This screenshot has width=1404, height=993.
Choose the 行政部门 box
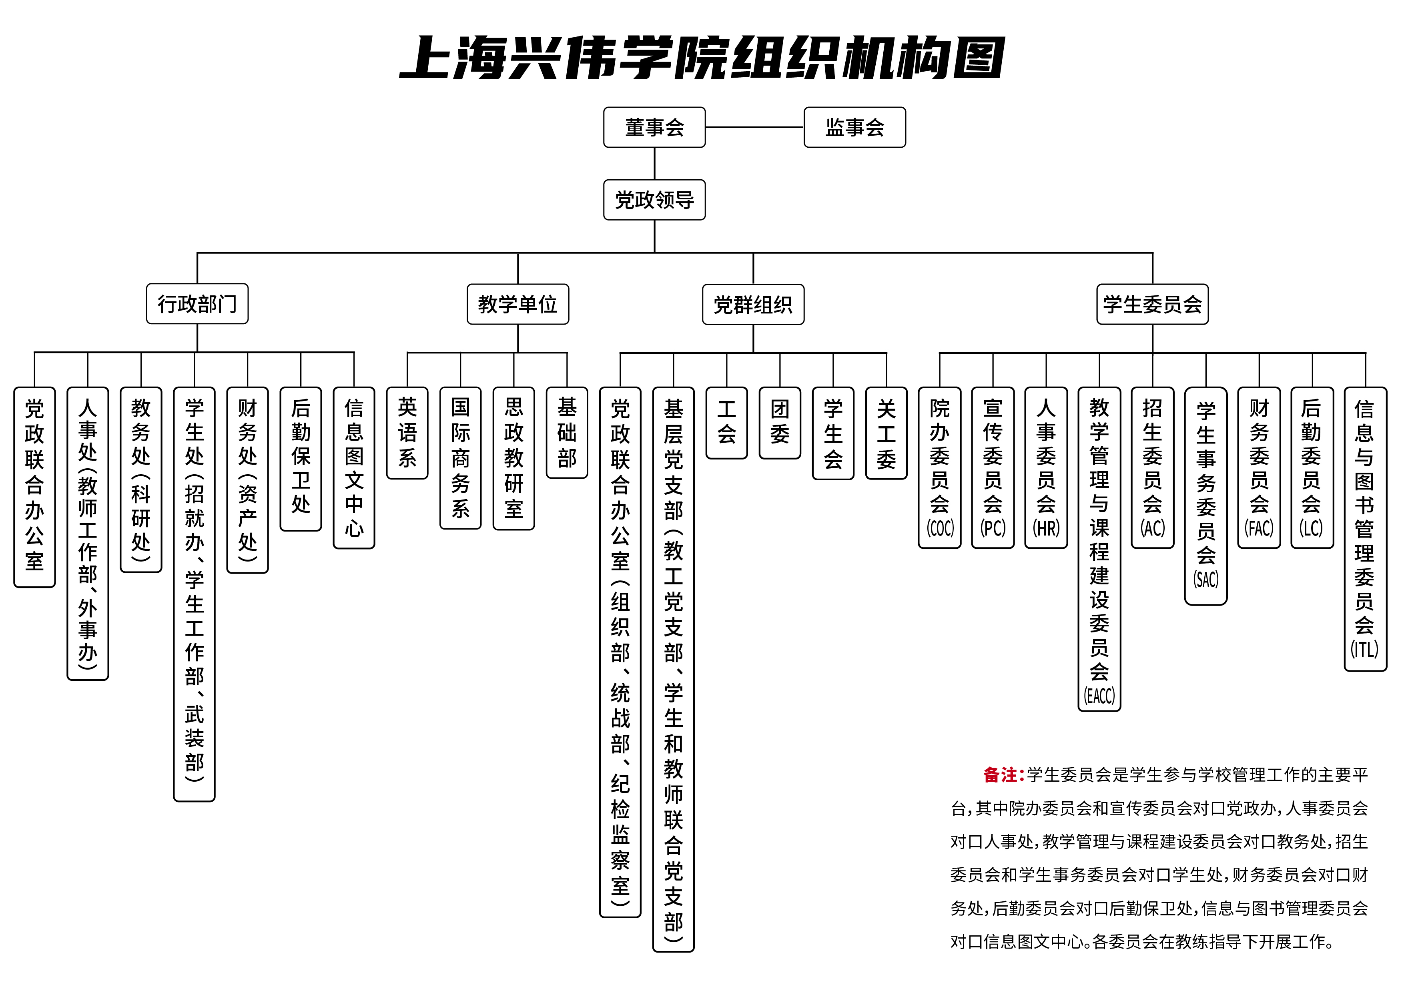pos(197,304)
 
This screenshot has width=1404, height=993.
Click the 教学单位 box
pos(517,304)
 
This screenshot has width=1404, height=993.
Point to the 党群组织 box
pos(753,304)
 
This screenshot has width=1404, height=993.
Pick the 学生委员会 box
pos(1152,304)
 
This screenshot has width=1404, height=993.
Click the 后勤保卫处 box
pos(301,459)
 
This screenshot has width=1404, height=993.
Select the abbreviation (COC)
pos(940,528)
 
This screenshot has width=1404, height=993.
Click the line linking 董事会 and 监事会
pos(754,127)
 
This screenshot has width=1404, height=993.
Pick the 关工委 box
pos(886,433)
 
